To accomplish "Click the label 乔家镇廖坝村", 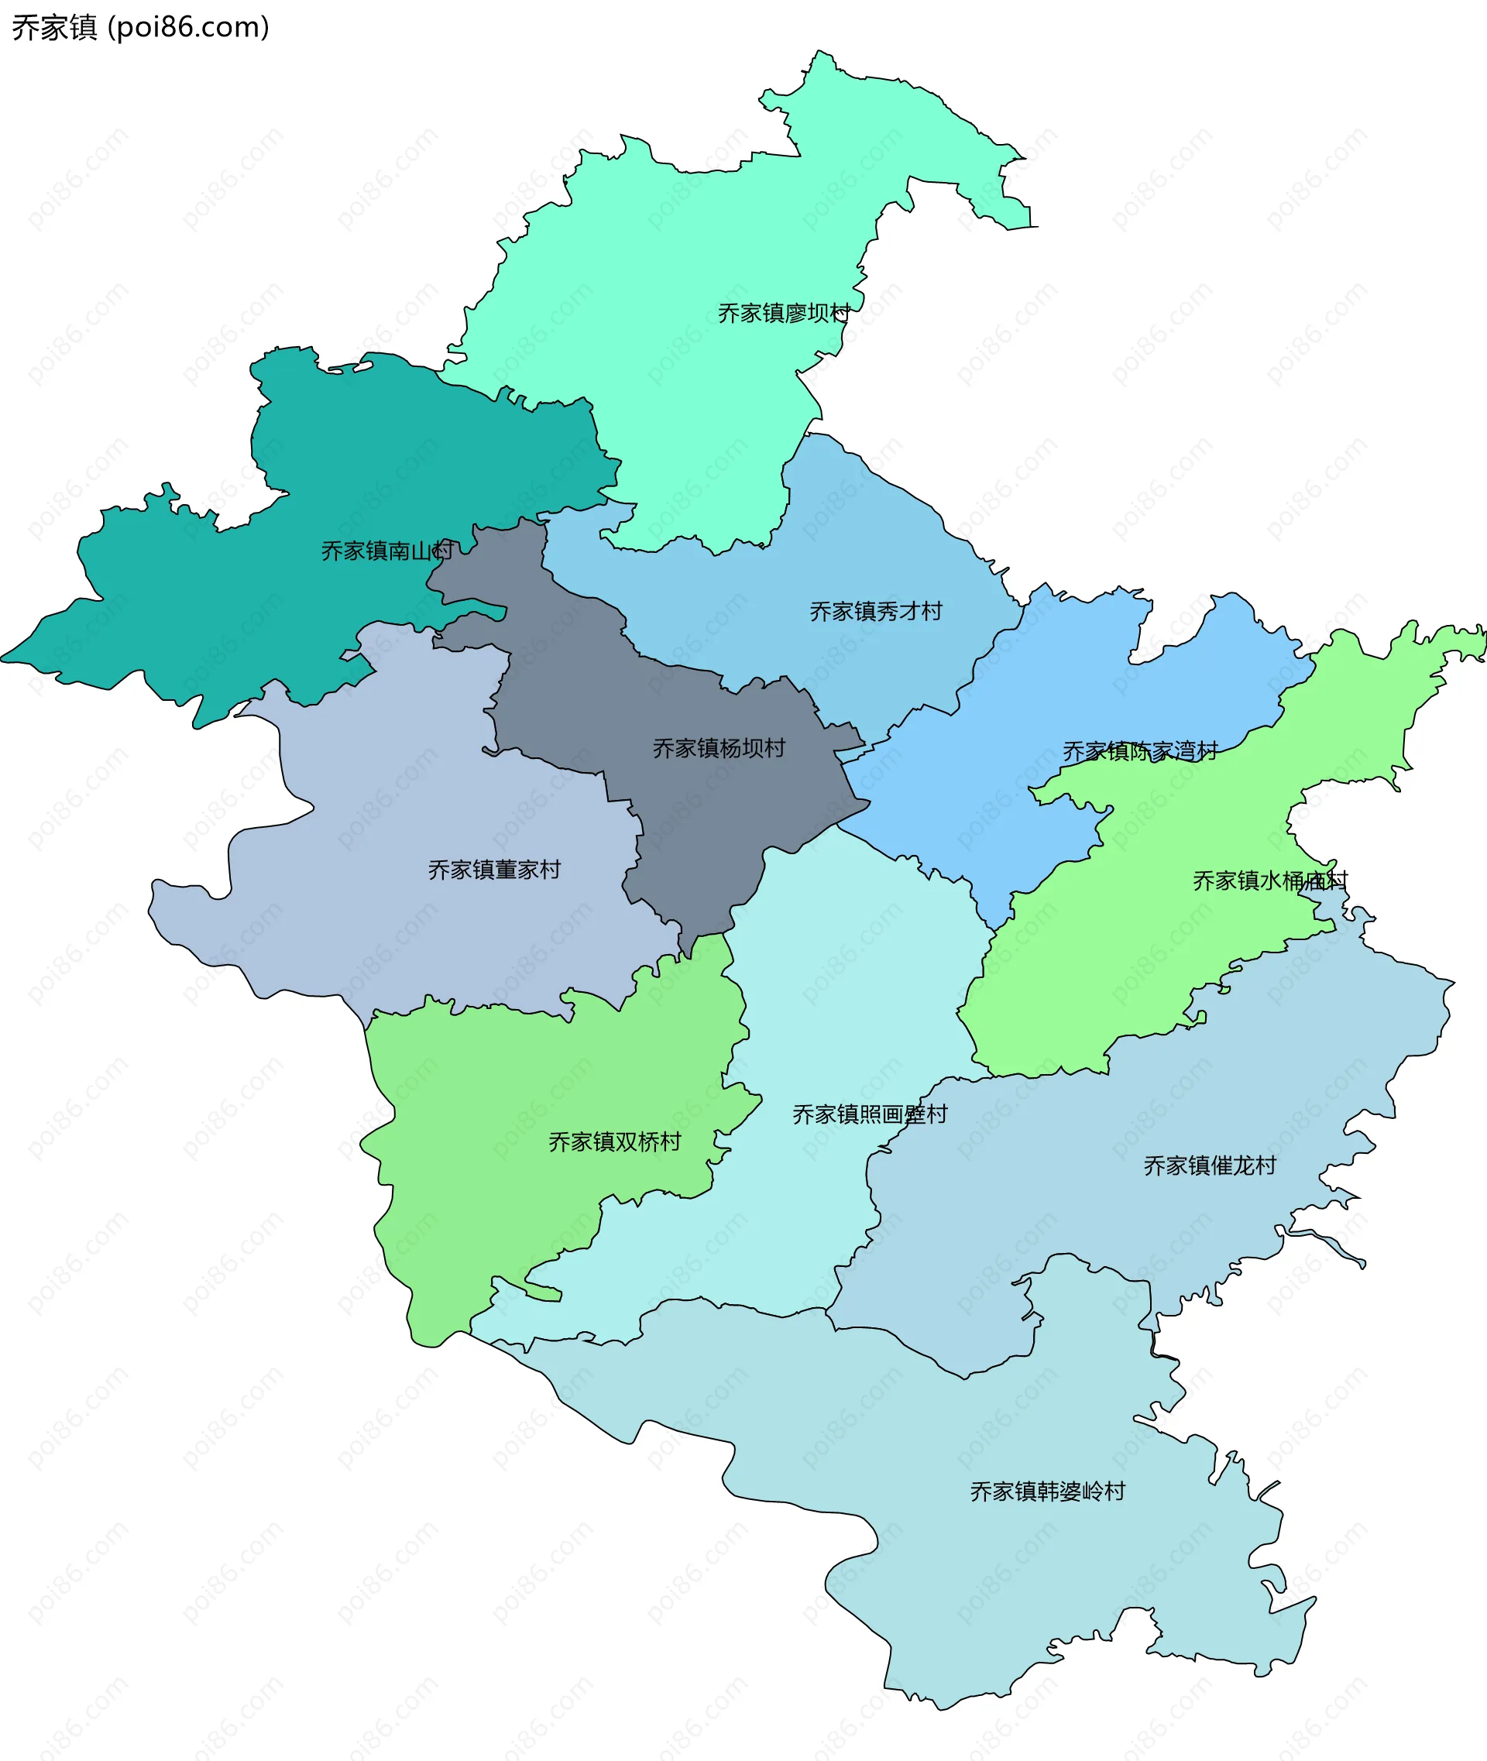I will [783, 314].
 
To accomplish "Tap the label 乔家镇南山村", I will [387, 551].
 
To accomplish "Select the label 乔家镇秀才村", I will [876, 611].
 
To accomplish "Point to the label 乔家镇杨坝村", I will [718, 749].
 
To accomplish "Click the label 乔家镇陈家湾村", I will [1140, 751].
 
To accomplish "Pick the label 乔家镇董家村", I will [494, 870].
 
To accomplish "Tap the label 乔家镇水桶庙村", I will [1269, 881].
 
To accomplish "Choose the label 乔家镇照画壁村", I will [869, 1114].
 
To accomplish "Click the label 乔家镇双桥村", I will [614, 1142].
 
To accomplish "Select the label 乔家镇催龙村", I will [1210, 1165].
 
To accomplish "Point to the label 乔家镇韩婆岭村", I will [1047, 1492].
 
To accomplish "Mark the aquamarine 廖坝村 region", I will [675, 337].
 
